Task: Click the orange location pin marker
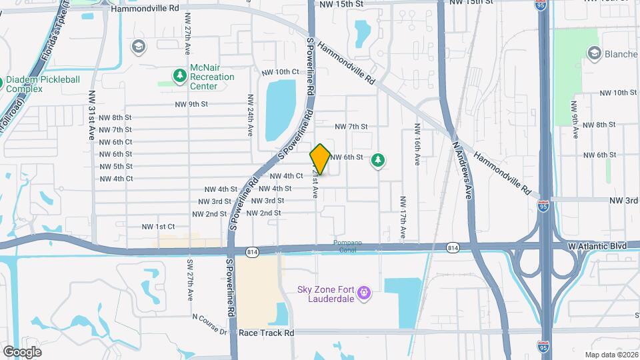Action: pos(320,159)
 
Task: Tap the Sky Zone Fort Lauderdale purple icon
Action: pos(363,293)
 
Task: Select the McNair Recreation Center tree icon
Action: pos(179,77)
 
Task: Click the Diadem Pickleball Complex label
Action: pos(43,84)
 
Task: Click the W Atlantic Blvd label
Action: pos(597,246)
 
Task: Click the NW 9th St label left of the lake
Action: pos(192,105)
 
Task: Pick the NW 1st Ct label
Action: pos(158,227)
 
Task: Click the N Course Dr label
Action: pos(210,323)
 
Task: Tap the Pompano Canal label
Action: pos(348,243)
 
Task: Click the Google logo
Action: pos(22,351)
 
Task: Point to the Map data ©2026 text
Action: pos(611,355)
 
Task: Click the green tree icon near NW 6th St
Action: pos(379,160)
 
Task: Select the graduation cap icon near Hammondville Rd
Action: pos(138,47)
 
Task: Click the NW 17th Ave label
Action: pos(403,217)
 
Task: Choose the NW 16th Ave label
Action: pos(417,145)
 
